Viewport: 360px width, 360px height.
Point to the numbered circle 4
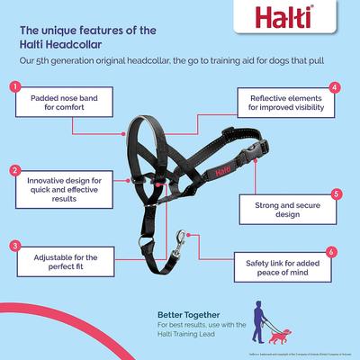click(335, 87)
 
